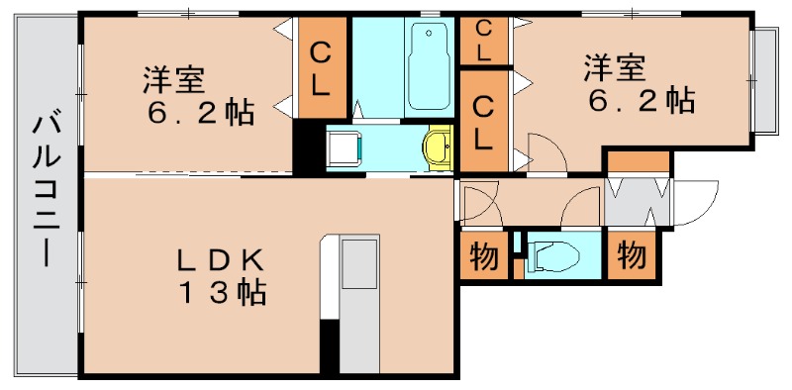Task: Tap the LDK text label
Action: (x=220, y=260)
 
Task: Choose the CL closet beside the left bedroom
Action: (x=320, y=67)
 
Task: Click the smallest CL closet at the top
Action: (x=483, y=41)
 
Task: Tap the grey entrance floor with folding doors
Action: (x=638, y=202)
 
